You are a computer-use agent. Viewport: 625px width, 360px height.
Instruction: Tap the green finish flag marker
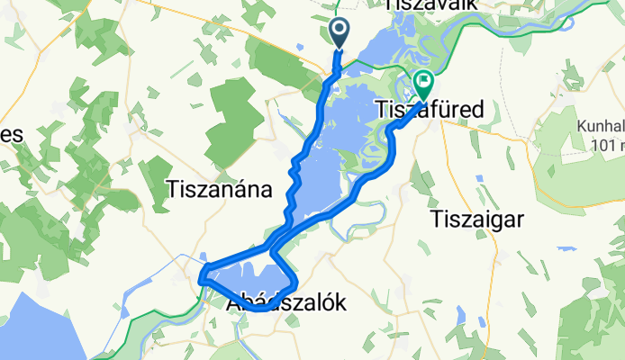coord(422,85)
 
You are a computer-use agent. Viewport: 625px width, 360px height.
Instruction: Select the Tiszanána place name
coord(219,189)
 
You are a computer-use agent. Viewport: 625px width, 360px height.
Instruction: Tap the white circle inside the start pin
coord(340,29)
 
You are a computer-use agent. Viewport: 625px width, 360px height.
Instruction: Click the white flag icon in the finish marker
coord(422,82)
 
